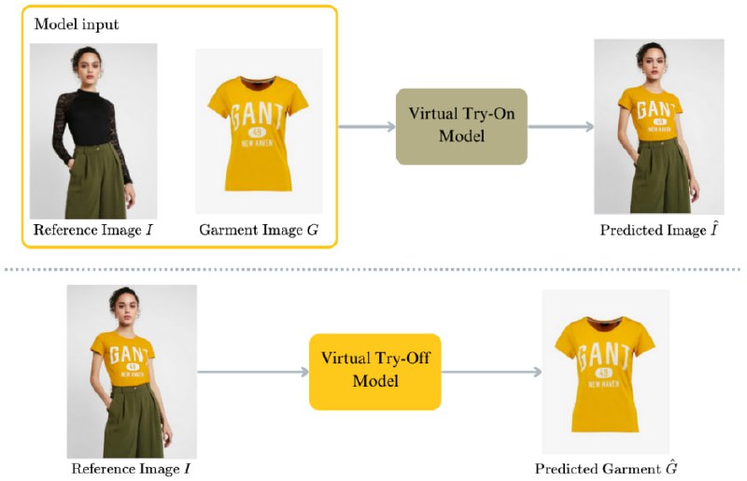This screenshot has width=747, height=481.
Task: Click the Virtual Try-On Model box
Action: click(461, 126)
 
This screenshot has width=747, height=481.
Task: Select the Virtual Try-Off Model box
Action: click(375, 372)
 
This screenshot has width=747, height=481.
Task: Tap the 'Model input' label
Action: click(77, 24)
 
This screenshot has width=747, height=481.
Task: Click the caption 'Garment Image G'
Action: click(259, 230)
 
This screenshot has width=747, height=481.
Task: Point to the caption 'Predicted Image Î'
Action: click(659, 230)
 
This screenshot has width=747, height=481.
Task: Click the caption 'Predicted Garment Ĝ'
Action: click(606, 468)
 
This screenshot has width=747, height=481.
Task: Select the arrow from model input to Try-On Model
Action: click(367, 126)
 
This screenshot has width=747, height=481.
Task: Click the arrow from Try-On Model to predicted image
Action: click(561, 126)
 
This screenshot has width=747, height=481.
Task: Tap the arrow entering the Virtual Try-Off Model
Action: click(253, 372)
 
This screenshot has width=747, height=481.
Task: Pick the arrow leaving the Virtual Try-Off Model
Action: click(492, 372)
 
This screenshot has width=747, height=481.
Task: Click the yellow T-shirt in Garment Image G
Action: click(258, 134)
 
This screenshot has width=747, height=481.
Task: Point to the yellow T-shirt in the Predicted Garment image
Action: click(604, 375)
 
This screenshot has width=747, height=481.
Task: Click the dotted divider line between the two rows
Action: click(372, 270)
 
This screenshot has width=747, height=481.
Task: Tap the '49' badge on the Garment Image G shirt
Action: click(257, 132)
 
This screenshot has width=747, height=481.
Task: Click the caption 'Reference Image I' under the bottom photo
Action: click(131, 469)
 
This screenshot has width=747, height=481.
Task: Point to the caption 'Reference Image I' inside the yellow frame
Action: click(92, 230)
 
